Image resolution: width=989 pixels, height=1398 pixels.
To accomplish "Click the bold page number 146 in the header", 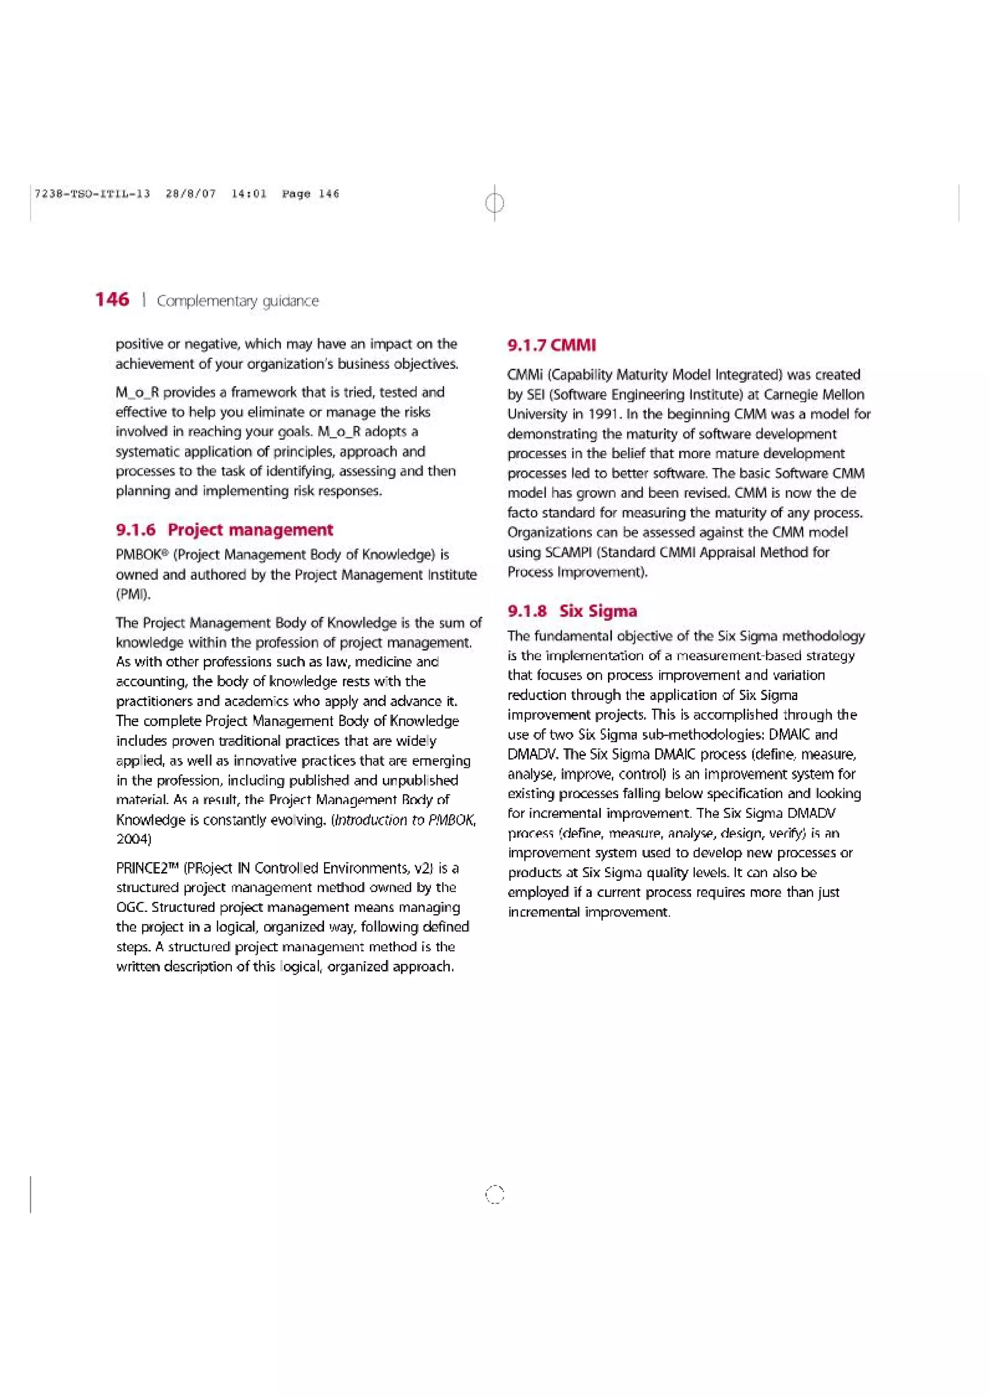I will tap(112, 300).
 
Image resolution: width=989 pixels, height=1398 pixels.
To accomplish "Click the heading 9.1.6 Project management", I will tap(224, 530).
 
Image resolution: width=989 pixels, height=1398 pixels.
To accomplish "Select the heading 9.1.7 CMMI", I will tap(551, 345).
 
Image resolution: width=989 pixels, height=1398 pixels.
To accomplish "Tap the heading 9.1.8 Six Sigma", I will tap(572, 611).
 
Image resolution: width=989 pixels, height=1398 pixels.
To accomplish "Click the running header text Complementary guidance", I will tap(238, 301).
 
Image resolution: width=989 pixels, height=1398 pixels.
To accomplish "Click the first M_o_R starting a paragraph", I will tap(137, 393).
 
